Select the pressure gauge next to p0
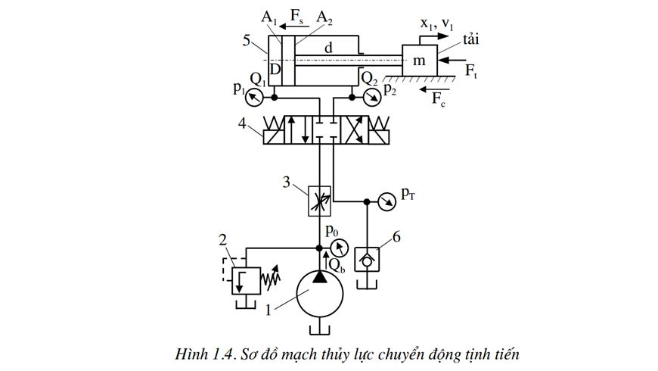340,248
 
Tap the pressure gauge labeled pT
386,201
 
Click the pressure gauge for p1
254,98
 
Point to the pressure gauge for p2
371,98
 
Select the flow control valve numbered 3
320,201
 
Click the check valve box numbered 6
367,260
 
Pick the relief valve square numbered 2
246,281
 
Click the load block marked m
420,61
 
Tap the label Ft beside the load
471,70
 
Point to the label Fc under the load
439,99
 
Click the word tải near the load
471,39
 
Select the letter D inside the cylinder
275,69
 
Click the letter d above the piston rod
328,48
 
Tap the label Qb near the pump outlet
337,266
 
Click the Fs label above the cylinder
297,16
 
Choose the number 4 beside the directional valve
242,123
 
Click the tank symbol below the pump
320,329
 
